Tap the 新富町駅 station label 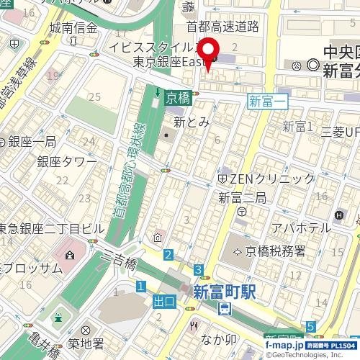tap(225, 292)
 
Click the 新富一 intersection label tap(267, 102)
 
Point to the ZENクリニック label tap(258, 177)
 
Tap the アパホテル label tap(296, 228)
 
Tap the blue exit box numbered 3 tap(197, 270)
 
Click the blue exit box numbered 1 tap(140, 287)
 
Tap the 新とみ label tap(191, 122)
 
